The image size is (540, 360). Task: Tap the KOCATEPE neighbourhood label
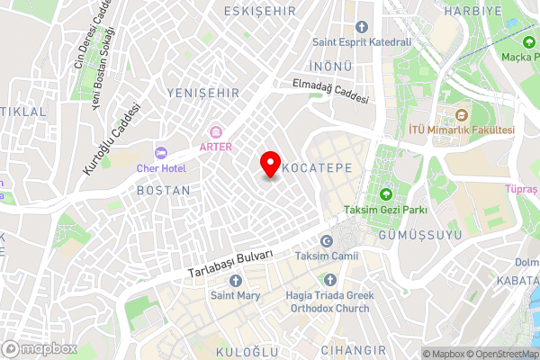(x=311, y=168)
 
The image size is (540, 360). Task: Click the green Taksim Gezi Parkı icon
(x=387, y=194)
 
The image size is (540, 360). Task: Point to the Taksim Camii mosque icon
(x=326, y=241)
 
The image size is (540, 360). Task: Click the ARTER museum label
(x=216, y=147)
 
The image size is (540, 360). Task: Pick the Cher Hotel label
(x=161, y=168)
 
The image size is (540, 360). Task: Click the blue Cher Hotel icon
(x=161, y=153)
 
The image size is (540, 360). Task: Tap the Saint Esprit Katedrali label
(x=361, y=41)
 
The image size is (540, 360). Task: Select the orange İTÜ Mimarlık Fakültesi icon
(x=462, y=115)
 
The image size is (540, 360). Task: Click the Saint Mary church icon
(x=236, y=279)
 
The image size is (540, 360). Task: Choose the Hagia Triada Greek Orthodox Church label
(x=327, y=301)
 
